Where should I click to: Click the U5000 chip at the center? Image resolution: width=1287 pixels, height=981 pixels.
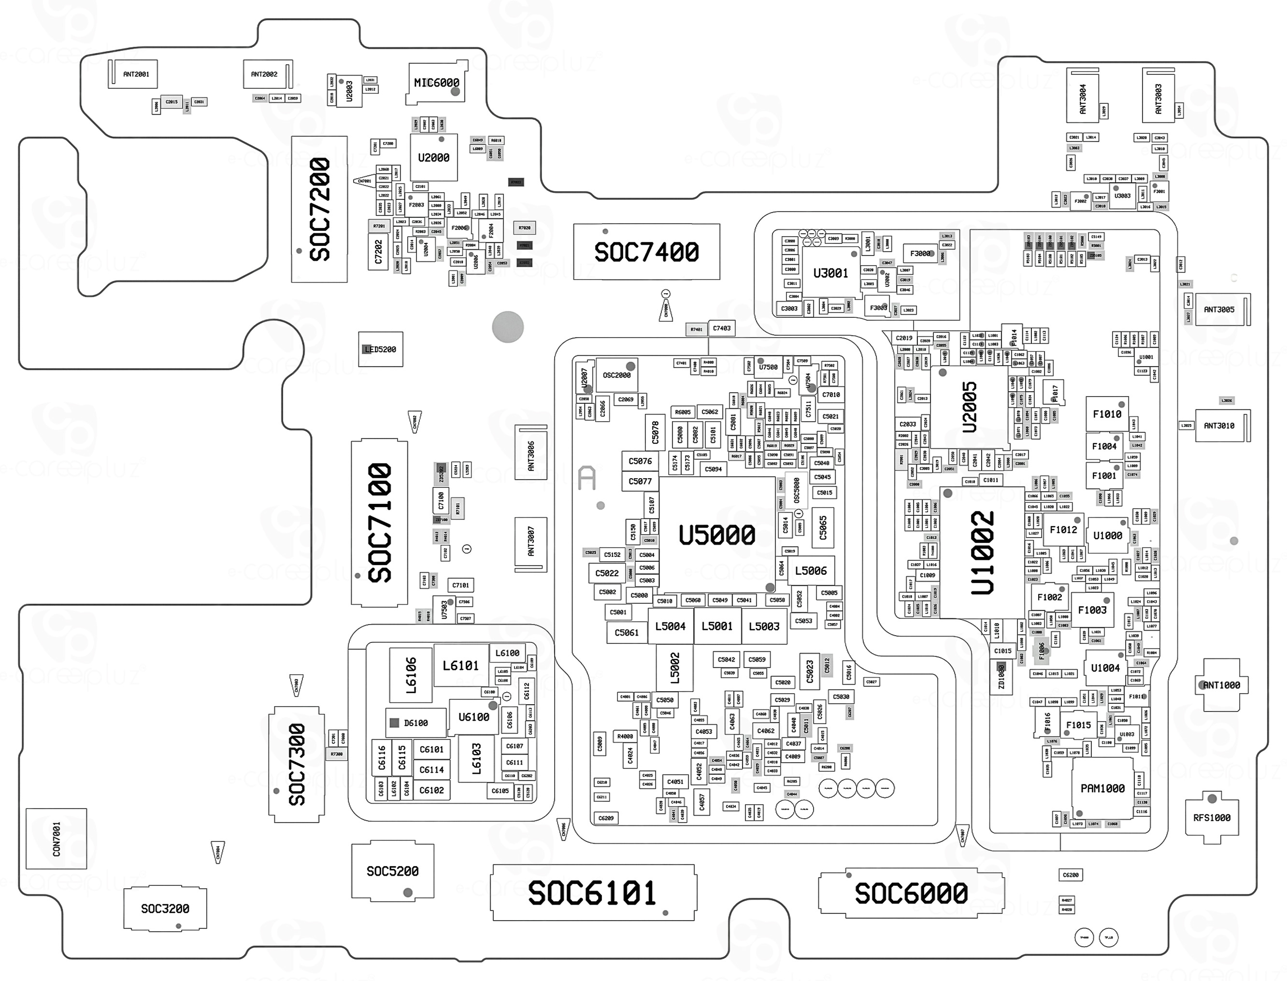click(716, 534)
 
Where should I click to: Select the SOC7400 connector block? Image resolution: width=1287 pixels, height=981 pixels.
click(646, 252)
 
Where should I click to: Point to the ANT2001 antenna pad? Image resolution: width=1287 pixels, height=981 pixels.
click(135, 74)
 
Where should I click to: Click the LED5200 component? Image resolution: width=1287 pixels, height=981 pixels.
click(380, 349)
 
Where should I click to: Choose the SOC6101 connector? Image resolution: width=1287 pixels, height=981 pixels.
click(593, 893)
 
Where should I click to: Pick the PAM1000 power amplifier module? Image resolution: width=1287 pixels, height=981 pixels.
click(1102, 788)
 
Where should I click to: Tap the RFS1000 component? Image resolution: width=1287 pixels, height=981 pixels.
click(1212, 817)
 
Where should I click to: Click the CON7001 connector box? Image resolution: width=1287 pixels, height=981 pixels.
click(56, 839)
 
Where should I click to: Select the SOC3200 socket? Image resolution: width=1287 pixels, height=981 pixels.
click(165, 909)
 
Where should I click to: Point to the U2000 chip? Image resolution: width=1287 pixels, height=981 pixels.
click(433, 157)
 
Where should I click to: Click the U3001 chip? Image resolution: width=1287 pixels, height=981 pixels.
click(830, 273)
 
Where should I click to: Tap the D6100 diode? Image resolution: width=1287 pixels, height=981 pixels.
click(415, 723)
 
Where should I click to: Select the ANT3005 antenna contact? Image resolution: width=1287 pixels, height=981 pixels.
click(1219, 310)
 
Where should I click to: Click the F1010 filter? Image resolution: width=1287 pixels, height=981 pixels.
click(1107, 414)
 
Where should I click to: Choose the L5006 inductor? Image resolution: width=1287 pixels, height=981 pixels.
click(811, 570)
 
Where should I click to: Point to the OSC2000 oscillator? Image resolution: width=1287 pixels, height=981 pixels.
click(616, 375)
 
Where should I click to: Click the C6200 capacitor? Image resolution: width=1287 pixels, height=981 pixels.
click(1071, 875)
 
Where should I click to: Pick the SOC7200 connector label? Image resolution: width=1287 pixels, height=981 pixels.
click(319, 209)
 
